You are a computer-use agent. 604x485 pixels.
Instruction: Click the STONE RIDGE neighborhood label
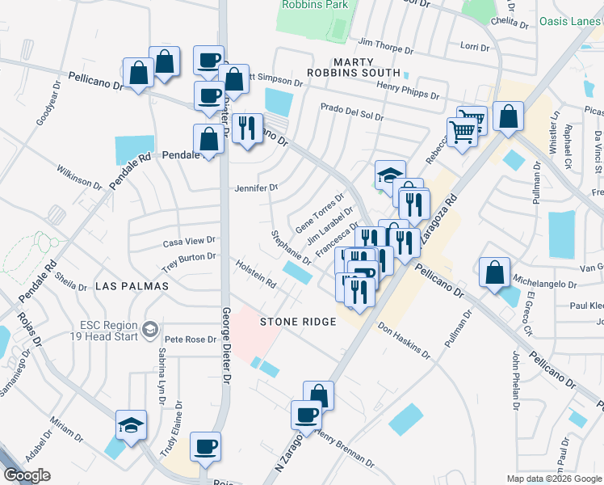(x=297, y=322)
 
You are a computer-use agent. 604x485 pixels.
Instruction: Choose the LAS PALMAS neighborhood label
(x=132, y=286)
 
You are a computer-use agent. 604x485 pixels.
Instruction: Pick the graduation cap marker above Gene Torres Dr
(x=389, y=175)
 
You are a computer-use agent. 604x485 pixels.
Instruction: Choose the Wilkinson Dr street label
(x=78, y=178)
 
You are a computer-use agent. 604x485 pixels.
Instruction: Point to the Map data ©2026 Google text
(x=553, y=479)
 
